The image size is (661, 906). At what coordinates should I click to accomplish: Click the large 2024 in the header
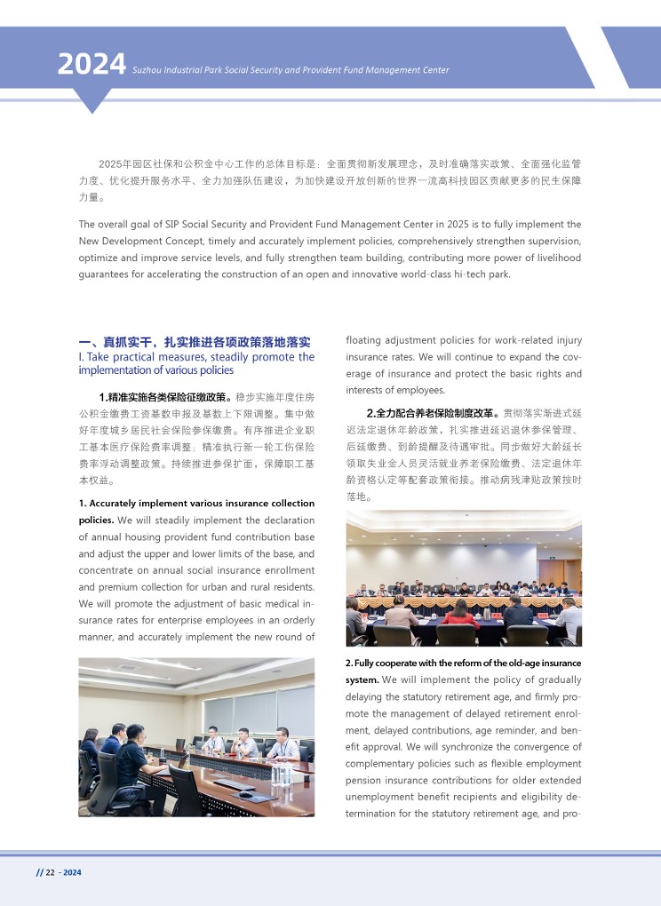pos(91,64)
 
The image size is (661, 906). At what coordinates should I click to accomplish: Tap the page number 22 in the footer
pos(51,872)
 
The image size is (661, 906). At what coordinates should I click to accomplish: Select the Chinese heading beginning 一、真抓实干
pos(195,342)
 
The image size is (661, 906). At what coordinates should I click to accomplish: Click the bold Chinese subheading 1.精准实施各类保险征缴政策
pos(165,396)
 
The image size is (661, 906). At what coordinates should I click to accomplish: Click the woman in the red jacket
pos(460,614)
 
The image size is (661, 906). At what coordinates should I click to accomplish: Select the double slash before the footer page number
pos(39,872)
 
